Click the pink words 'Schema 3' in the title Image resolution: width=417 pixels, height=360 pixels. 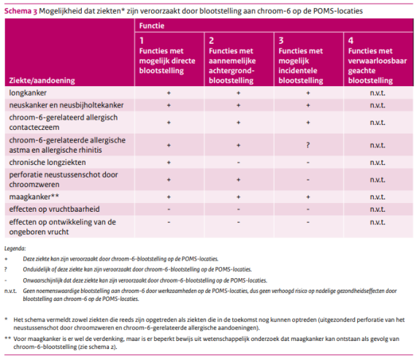point(20,11)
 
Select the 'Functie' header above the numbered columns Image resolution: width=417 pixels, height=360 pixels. point(152,26)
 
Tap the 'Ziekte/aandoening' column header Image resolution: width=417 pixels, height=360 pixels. point(42,80)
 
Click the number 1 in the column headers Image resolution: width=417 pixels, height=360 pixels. point(142,41)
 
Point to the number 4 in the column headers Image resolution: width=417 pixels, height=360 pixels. point(351,41)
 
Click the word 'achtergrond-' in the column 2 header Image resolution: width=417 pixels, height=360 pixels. point(232,71)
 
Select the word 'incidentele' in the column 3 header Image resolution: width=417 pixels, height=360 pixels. point(298,71)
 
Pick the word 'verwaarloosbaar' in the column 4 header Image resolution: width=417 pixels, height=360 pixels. point(378,61)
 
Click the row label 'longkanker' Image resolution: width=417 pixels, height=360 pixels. point(28,93)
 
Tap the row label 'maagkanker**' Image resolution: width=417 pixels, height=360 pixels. point(34,196)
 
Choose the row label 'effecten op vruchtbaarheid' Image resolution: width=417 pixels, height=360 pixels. point(55,210)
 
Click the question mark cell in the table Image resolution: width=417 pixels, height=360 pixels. point(308,145)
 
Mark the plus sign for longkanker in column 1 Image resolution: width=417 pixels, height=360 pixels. point(169,93)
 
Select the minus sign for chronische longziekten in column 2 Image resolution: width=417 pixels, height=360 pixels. point(238,162)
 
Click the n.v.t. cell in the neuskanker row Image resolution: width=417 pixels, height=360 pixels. point(378,105)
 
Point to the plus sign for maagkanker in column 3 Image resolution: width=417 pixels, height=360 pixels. point(308,197)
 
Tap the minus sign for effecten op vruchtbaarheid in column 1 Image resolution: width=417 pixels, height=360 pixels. point(169,210)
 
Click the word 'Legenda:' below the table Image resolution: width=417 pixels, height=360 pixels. point(15,248)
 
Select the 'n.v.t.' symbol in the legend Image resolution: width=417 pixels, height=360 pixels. point(10,291)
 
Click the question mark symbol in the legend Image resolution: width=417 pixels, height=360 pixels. point(6,269)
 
